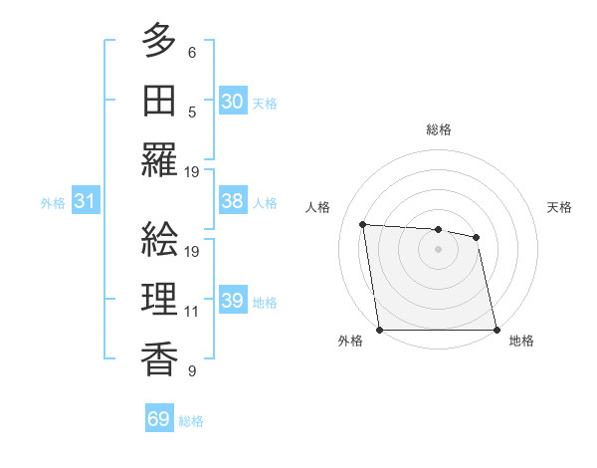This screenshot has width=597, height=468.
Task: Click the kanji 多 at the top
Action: [x=159, y=41]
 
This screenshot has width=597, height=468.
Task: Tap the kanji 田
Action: [x=159, y=100]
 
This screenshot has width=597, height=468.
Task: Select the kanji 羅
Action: [x=159, y=160]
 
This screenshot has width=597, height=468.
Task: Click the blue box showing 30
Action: [x=232, y=101]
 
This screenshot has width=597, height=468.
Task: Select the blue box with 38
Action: [x=232, y=201]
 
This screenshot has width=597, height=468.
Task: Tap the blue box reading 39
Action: [x=232, y=301]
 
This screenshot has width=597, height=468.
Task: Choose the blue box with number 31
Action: [x=85, y=201]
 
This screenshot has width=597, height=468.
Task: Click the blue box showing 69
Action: [x=158, y=419]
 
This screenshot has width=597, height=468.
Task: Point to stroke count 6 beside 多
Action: [x=192, y=53]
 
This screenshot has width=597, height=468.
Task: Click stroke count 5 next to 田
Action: [x=192, y=113]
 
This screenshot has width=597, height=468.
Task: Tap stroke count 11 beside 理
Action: [x=192, y=312]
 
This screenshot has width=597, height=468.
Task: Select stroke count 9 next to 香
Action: [x=192, y=371]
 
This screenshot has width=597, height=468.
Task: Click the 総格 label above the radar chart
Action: [x=438, y=129]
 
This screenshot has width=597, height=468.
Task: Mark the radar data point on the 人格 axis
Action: [x=363, y=225]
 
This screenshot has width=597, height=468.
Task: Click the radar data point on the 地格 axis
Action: [x=497, y=330]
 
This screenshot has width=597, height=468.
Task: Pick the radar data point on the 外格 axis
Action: [x=379, y=330]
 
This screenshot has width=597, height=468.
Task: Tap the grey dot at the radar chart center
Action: [x=438, y=249]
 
